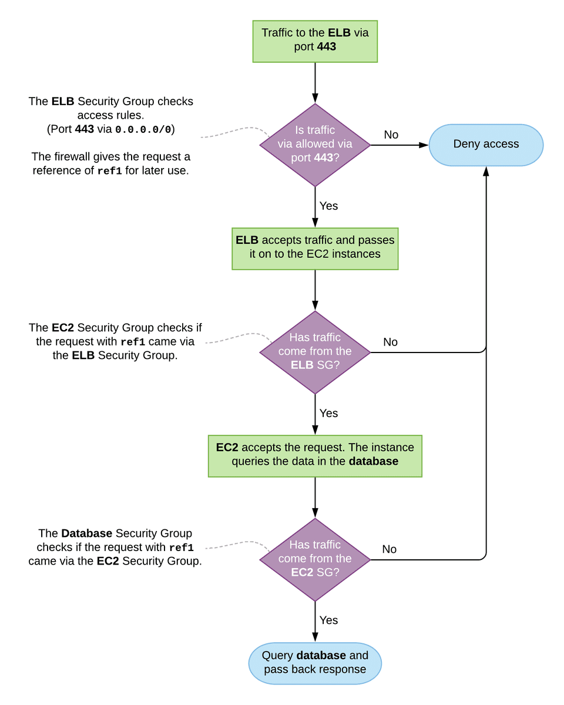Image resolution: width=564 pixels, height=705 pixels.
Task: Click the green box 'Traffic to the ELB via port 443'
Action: (315, 41)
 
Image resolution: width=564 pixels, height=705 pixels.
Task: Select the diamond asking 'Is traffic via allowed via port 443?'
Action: (315, 145)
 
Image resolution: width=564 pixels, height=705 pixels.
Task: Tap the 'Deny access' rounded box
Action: (486, 145)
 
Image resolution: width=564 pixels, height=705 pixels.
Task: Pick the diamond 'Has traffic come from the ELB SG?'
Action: (315, 352)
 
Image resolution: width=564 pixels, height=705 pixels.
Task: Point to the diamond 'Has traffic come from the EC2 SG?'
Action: (315, 559)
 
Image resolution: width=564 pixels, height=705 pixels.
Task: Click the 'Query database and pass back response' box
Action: (315, 663)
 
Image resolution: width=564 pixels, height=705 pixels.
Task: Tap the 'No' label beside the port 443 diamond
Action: (391, 135)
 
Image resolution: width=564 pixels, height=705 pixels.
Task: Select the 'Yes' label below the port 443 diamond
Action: (328, 206)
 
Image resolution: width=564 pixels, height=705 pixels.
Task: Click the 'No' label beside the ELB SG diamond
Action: (390, 342)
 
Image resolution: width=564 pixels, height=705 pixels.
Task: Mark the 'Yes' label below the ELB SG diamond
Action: (328, 414)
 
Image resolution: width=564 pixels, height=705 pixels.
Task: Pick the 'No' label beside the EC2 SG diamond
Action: (390, 549)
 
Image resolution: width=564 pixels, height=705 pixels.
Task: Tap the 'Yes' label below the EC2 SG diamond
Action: (328, 620)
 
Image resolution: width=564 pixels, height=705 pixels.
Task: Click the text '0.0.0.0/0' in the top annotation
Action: (144, 130)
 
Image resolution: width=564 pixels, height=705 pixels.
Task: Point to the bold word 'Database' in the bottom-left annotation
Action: (86, 533)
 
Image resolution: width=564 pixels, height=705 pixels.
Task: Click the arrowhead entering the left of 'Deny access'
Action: (424, 145)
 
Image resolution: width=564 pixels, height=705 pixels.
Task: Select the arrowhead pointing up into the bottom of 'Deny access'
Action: (486, 171)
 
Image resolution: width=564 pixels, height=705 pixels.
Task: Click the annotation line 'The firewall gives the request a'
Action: (110, 157)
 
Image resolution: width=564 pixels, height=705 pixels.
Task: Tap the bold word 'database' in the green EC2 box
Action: (373, 462)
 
